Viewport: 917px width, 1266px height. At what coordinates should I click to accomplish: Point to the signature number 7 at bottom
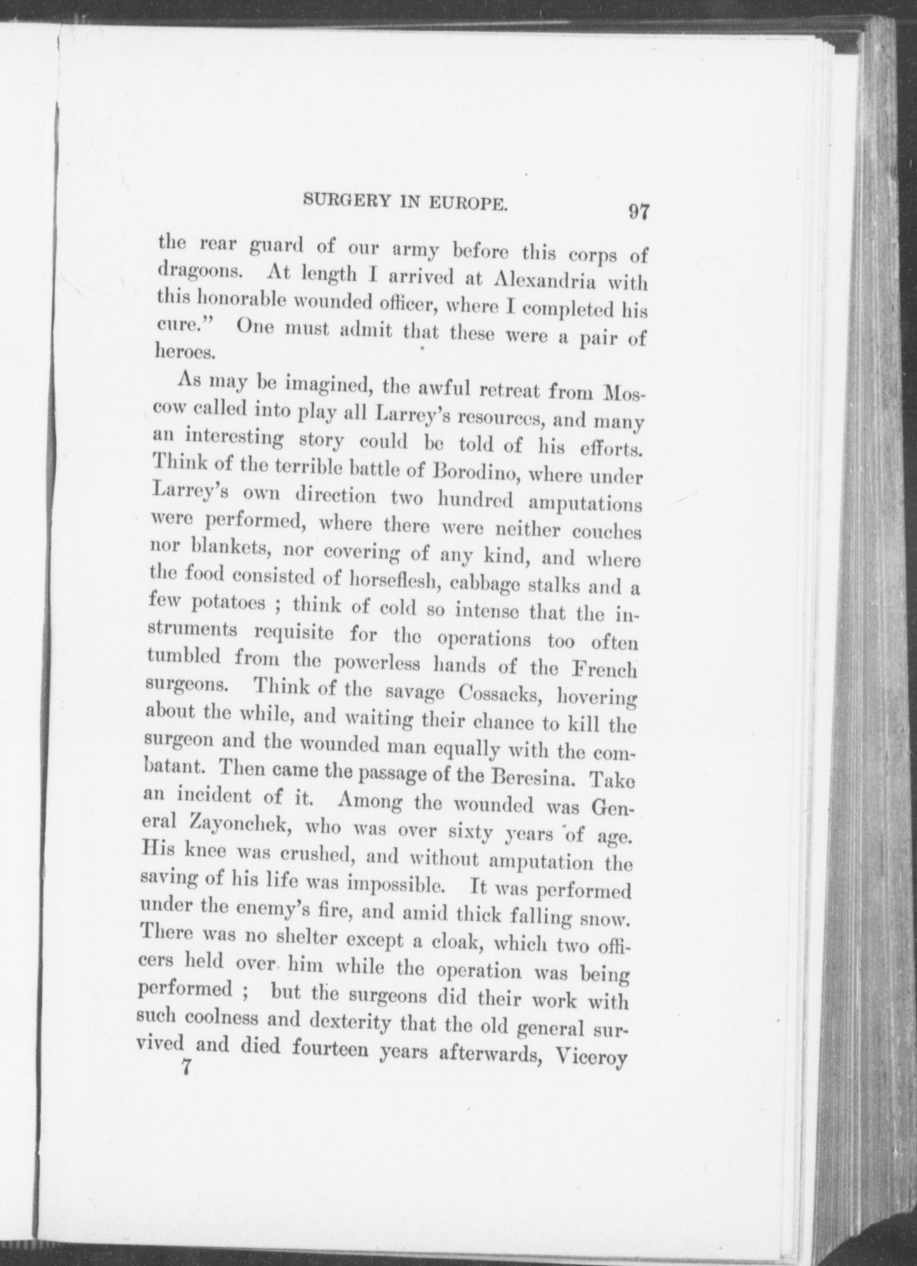[x=186, y=1068]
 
